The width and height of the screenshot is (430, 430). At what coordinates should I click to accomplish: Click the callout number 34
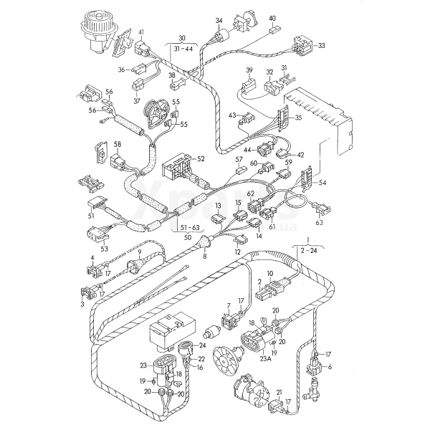coord(219,21)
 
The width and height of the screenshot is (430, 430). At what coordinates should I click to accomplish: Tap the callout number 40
coord(272,18)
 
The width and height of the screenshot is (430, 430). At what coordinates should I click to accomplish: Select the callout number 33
coord(321,45)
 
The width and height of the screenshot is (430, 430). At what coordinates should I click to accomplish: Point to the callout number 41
coord(141,33)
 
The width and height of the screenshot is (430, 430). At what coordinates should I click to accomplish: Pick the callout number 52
coord(201,158)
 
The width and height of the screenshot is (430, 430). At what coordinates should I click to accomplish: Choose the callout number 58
coord(117,145)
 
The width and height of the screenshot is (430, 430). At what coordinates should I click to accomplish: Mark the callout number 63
coord(320,224)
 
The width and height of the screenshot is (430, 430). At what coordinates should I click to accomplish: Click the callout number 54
coord(322,184)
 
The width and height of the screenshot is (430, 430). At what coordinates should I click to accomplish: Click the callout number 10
coord(270,274)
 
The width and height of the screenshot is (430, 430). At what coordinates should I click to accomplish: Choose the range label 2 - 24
coord(311,252)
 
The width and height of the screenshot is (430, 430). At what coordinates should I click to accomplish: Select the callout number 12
coord(237,252)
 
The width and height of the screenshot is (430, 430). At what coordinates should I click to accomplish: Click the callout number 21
coord(279,393)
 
